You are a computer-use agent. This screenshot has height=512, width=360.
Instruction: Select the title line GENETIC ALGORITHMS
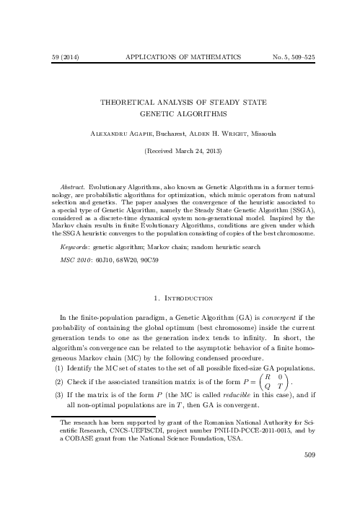pos(180,113)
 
